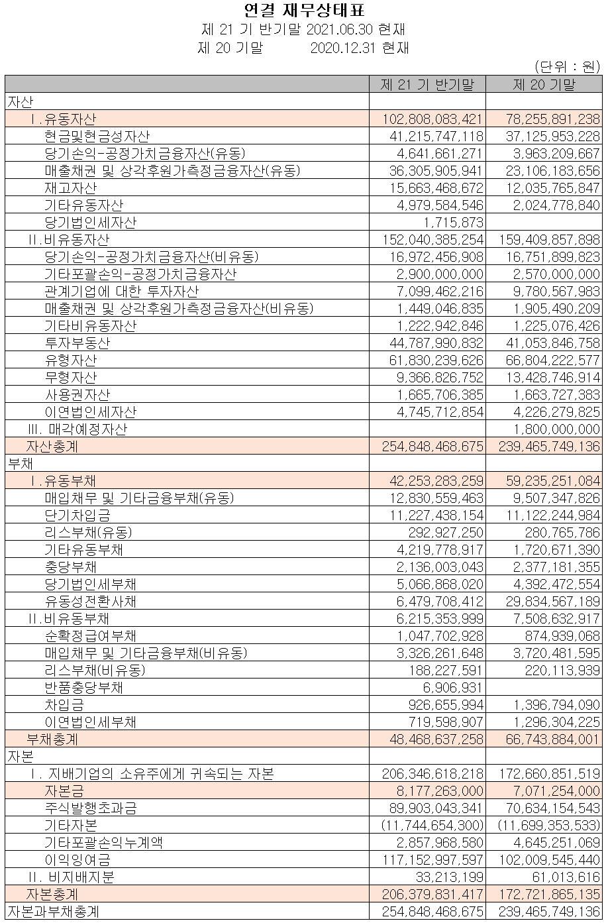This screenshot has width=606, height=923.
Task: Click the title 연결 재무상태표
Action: click(304, 11)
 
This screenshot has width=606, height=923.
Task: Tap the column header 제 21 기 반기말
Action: click(427, 84)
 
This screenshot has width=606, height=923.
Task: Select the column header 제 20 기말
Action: click(544, 84)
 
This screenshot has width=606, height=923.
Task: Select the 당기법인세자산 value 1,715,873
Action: click(453, 222)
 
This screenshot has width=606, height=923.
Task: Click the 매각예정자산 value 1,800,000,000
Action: click(556, 429)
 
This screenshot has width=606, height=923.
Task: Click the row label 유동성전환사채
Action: click(90, 601)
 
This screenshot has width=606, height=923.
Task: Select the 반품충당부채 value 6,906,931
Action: click(453, 687)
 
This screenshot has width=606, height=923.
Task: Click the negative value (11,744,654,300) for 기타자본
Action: click(432, 825)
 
